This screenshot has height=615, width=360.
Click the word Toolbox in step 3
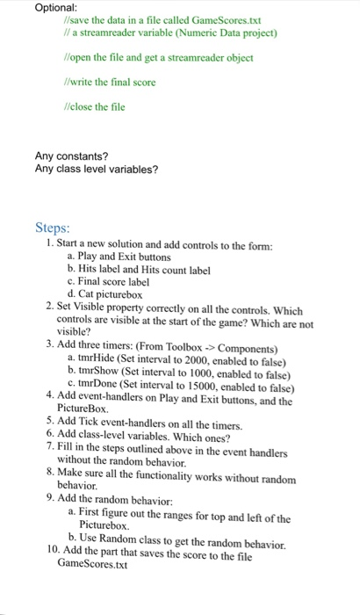(x=190, y=346)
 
